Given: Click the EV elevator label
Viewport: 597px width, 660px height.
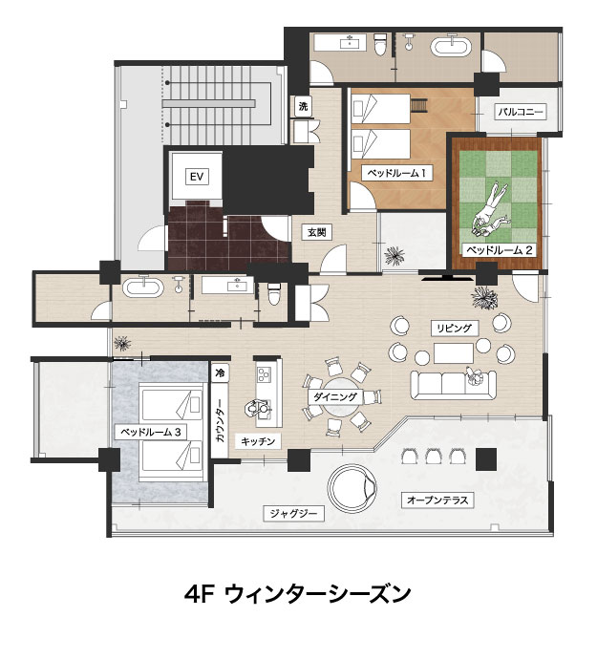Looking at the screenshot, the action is point(197,177).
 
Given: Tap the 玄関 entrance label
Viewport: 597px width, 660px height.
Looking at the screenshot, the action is point(316,232).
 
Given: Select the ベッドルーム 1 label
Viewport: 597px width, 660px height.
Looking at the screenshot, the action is point(397,173).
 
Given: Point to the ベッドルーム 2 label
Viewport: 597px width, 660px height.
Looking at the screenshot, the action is point(500,250).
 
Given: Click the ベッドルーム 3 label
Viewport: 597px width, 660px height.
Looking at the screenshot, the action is point(151,432).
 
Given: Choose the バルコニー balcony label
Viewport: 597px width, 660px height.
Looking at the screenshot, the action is point(521,112).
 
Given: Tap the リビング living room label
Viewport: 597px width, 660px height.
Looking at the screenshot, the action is point(455,328).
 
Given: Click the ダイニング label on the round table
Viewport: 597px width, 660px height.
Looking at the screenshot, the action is point(335,396).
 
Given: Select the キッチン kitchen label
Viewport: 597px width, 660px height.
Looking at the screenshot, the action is point(258,441).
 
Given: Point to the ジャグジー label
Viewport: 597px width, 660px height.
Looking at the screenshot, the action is point(293,514).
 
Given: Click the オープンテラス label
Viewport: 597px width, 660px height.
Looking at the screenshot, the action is point(437,500).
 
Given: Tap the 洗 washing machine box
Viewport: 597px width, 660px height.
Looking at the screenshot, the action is point(303,106).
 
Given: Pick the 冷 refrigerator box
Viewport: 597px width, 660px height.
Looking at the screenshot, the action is point(220,373).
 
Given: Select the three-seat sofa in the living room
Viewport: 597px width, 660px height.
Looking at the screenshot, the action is point(453,385).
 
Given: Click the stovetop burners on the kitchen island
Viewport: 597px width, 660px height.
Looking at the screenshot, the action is point(265,373).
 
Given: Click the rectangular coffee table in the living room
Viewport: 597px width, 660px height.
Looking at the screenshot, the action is point(454,352).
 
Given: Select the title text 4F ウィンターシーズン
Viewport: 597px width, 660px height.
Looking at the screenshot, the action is point(298,593).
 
